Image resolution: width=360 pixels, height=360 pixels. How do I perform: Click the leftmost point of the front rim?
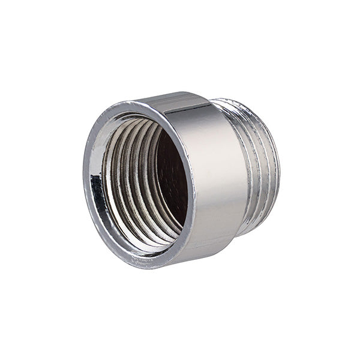click(85, 180)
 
